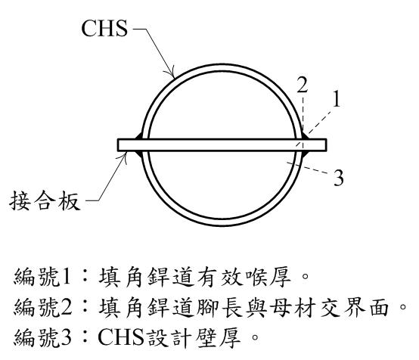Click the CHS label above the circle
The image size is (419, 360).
pyautogui.click(x=104, y=28)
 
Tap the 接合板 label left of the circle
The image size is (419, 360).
pyautogui.click(x=45, y=200)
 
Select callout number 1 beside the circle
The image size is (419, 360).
pyautogui.click(x=337, y=98)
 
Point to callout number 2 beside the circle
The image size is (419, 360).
pyautogui.click(x=303, y=84)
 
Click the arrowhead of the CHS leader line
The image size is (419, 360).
pyautogui.click(x=172, y=73)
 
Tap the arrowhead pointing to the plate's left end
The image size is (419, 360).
pyautogui.click(x=125, y=157)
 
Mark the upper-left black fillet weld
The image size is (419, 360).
pyautogui.click(x=139, y=135)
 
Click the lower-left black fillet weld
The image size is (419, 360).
pyautogui.click(x=139, y=154)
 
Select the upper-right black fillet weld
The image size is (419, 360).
pyautogui.click(x=305, y=135)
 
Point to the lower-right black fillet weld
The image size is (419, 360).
pyautogui.click(x=305, y=154)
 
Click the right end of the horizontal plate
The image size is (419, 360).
pyautogui.click(x=326, y=145)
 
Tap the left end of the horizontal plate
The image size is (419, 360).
pyautogui.click(x=118, y=145)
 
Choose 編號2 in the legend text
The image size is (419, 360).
pyautogui.click(x=43, y=307)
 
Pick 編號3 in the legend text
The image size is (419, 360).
pyautogui.click(x=43, y=338)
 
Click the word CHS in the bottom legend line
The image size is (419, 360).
pyautogui.click(x=121, y=337)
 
